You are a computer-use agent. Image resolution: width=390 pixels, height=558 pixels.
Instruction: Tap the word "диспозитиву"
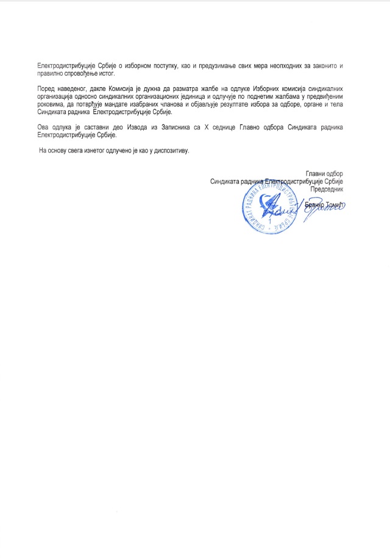168,150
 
